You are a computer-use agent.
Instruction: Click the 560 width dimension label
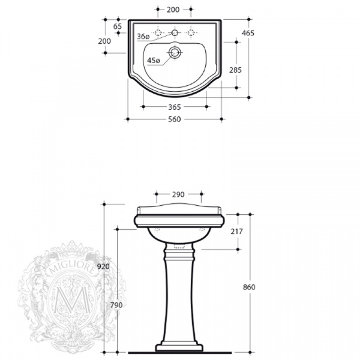[x=175, y=119]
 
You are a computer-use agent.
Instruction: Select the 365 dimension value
[x=175, y=107]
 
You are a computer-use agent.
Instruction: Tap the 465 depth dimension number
[x=248, y=33]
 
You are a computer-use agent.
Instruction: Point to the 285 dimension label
[x=236, y=70]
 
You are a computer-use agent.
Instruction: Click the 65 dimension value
[x=118, y=26]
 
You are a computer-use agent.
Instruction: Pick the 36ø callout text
[x=143, y=36]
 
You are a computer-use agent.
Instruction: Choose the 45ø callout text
[x=154, y=61]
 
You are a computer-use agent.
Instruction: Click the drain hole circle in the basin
[x=175, y=52]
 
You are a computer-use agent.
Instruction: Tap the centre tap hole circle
[x=175, y=33]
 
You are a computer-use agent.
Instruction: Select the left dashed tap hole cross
[x=158, y=33]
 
